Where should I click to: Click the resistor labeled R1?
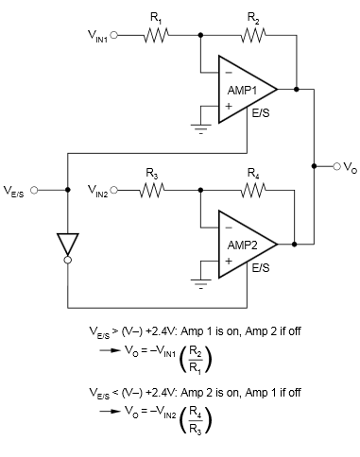[x=155, y=35]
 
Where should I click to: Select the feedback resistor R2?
[x=252, y=35]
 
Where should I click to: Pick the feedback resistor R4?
[x=252, y=190]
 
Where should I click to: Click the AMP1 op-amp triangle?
[x=245, y=89]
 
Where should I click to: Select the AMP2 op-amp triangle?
[x=245, y=243]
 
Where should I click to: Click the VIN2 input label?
[x=98, y=192]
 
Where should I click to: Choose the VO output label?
[x=351, y=168]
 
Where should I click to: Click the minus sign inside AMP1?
[x=227, y=72]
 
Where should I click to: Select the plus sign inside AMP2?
[x=227, y=261]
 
